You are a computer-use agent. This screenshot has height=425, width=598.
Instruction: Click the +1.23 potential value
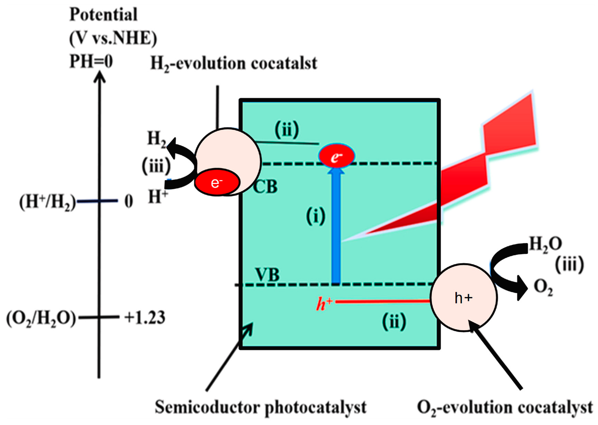tap(145, 318)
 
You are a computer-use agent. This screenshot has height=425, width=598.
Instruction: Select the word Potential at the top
tap(103, 14)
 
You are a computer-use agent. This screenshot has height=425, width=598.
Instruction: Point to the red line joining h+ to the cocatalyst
tap(382, 302)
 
